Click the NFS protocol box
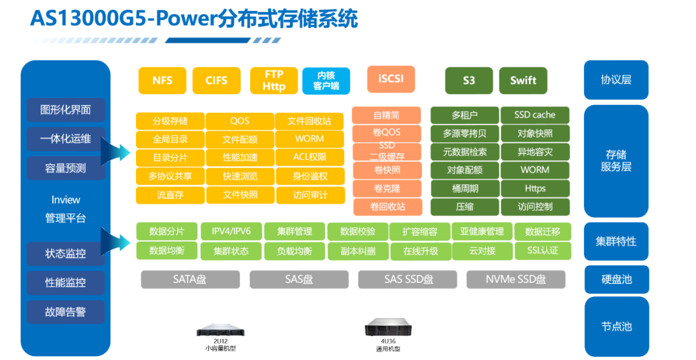(162, 81)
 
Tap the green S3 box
(469, 81)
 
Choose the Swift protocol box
(523, 81)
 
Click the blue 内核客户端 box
(326, 81)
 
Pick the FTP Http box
(274, 81)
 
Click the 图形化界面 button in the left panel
(65, 109)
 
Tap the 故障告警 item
(65, 312)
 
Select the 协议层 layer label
(615, 80)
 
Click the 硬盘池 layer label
(615, 279)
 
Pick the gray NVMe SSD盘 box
(516, 279)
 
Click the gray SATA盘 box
(190, 279)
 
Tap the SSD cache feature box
(534, 115)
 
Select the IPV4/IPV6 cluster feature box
(231, 231)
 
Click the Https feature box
(534, 189)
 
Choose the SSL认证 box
(542, 251)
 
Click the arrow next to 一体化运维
(116, 153)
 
